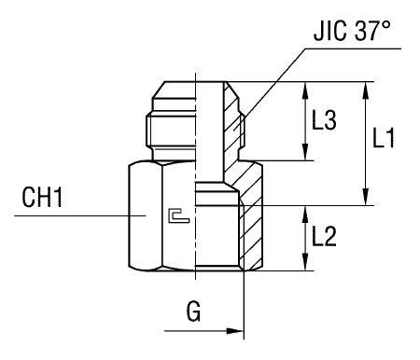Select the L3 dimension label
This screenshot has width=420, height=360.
324,121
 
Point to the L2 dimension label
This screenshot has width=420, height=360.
324,237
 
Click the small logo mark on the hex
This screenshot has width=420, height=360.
174,216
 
